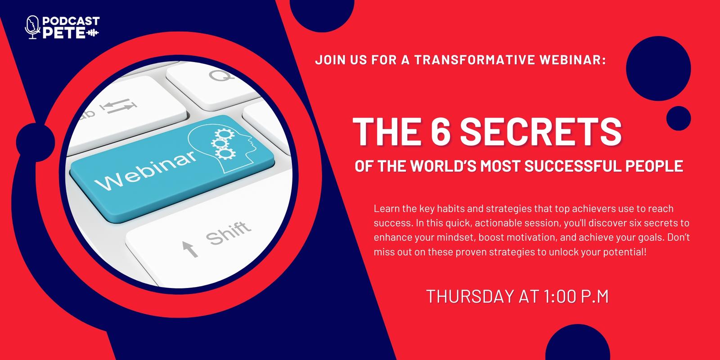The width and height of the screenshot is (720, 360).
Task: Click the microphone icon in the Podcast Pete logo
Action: [x=32, y=27]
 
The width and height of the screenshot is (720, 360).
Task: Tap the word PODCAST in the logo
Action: [x=71, y=21]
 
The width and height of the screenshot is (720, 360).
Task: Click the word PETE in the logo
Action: [x=64, y=33]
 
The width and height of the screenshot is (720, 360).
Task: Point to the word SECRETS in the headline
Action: [x=541, y=131]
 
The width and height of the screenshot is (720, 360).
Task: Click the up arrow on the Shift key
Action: [x=190, y=249]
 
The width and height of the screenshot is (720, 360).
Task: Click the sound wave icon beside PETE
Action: [x=93, y=33]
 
